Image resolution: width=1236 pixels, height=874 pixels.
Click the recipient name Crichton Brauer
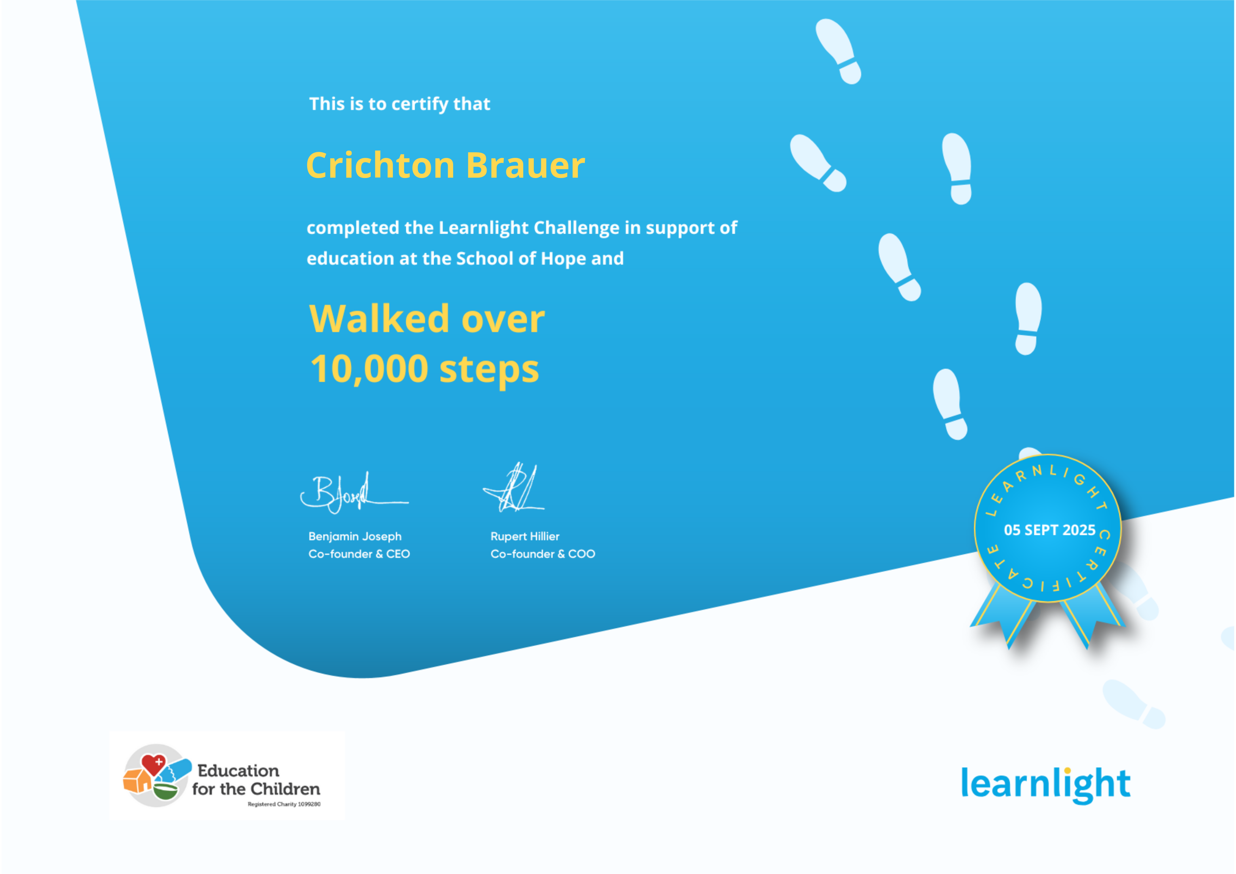coord(446,165)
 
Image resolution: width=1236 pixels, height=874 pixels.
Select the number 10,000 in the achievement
coord(369,369)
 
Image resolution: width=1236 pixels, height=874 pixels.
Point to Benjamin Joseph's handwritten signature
coord(354,493)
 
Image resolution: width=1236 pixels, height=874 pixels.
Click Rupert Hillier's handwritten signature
coord(514,487)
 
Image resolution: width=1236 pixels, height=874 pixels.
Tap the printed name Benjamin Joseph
coord(355,536)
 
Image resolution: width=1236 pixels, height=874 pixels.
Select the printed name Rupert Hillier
coord(525,536)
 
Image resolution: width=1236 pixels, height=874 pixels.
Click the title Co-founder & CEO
coord(359,554)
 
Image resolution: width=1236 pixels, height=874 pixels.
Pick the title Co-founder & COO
coord(543,554)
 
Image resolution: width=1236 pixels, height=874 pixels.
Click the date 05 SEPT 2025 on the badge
coord(1050,530)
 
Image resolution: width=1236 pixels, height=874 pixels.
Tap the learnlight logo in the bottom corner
coord(1045,784)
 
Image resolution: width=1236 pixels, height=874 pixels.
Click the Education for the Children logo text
coord(256,780)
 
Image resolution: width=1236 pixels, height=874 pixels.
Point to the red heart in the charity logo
coord(153,764)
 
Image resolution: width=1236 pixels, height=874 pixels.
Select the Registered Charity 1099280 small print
coord(284,804)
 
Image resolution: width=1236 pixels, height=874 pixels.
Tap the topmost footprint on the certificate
coord(839,51)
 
